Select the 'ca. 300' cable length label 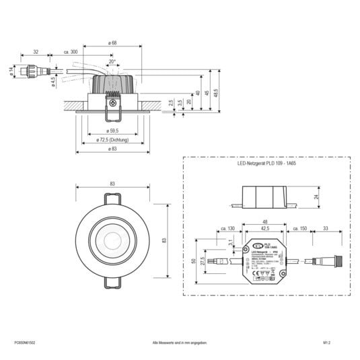point(71,52)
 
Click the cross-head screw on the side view point(111,104)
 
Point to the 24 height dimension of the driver point(316,196)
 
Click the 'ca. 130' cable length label point(226,229)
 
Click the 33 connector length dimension point(326,229)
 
